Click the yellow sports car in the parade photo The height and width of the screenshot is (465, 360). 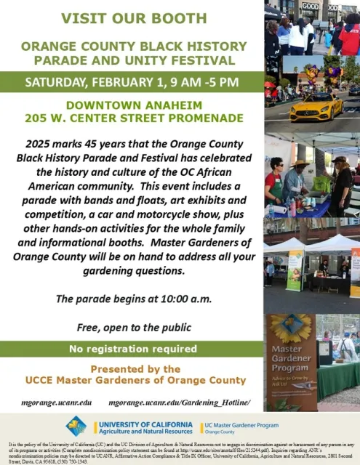(316, 108)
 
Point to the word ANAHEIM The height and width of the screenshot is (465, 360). (205, 104)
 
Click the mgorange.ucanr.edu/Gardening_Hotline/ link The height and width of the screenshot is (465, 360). (179, 402)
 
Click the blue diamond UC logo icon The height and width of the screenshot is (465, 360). (76, 426)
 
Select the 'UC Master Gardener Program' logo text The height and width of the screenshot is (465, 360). (241, 424)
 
